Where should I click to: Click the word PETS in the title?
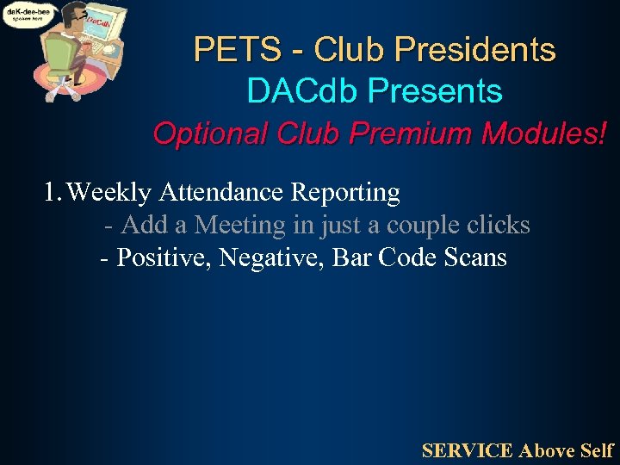click(x=227, y=49)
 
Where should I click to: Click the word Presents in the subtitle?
click(x=435, y=90)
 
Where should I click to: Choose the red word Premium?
click(x=409, y=133)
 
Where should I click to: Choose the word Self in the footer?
click(x=597, y=449)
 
